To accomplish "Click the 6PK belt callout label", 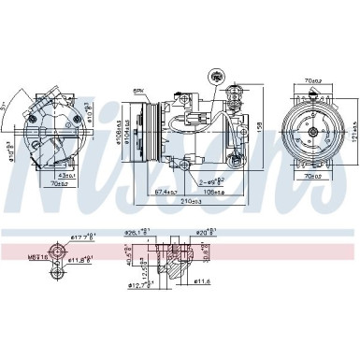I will [137, 90].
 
